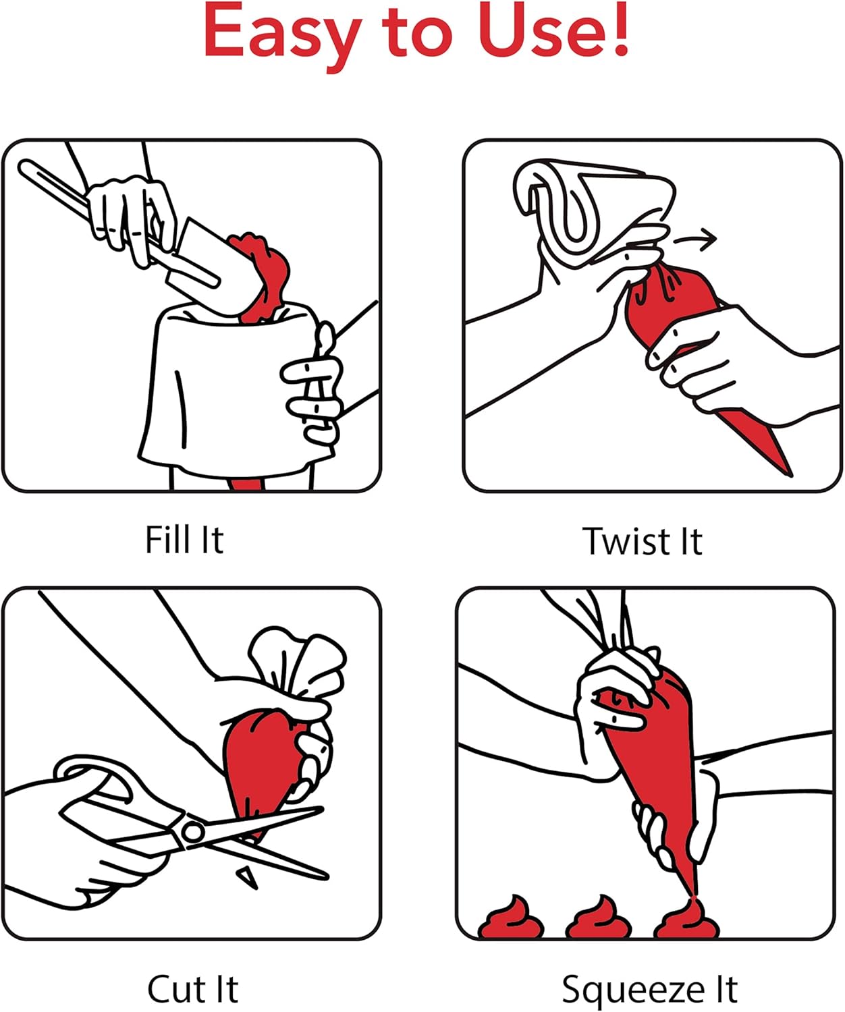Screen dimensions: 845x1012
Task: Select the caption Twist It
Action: tap(643, 541)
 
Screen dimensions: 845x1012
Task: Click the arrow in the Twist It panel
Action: tap(695, 239)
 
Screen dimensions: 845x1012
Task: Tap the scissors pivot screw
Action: tap(193, 832)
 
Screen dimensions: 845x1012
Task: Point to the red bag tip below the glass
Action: tap(246, 484)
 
